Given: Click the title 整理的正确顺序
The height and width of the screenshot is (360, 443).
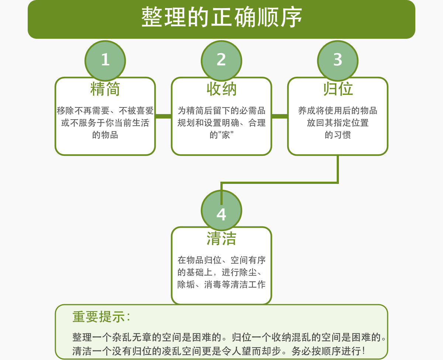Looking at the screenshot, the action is click(221, 17).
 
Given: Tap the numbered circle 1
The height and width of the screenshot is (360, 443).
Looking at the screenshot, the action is click(105, 61).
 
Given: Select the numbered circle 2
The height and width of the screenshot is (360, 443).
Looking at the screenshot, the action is click(221, 61).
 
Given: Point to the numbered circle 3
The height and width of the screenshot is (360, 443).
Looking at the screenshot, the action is click(337, 61).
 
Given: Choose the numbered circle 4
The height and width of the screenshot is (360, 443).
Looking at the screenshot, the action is click(221, 210).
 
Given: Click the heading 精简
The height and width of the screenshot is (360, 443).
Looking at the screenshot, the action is click(105, 89).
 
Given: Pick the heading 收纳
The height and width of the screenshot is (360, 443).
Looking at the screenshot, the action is click(221, 89).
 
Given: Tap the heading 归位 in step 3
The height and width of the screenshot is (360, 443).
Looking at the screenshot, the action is click(338, 89).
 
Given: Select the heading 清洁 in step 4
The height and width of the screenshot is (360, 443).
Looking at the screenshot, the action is click(221, 239).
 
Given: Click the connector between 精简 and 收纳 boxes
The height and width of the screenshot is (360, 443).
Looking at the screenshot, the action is click(164, 116).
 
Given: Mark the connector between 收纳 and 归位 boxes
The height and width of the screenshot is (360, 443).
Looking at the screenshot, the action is click(280, 116).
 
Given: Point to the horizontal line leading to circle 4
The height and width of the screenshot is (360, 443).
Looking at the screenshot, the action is click(279, 183).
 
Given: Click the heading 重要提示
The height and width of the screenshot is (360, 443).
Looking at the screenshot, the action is click(101, 317).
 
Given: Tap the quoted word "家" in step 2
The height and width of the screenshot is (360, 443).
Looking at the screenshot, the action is click(226, 135).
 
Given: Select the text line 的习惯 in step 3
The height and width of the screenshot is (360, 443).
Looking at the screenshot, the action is click(337, 135).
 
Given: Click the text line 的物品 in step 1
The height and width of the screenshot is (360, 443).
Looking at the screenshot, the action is click(105, 135).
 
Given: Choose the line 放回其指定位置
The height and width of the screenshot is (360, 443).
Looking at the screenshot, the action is click(337, 123).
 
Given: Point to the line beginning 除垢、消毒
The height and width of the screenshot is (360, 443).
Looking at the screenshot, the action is click(221, 284).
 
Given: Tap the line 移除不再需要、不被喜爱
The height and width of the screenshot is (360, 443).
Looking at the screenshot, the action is click(105, 110).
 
